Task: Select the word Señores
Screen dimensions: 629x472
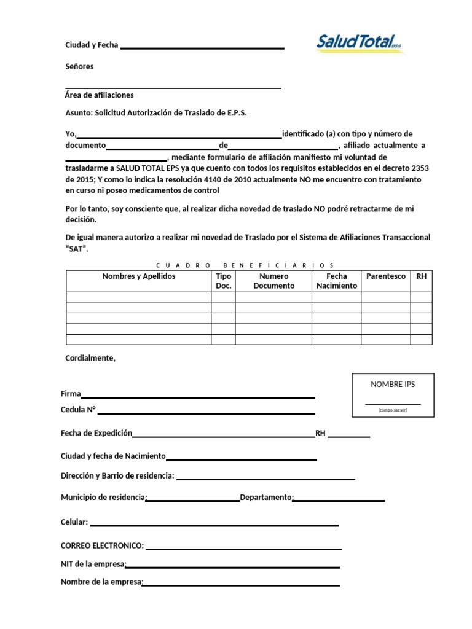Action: pos(79,66)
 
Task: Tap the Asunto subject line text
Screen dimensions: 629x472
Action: pos(156,113)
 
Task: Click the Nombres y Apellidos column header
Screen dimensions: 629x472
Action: pos(139,276)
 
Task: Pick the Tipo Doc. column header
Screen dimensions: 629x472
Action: pos(224,281)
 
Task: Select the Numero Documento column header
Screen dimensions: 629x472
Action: pos(273,281)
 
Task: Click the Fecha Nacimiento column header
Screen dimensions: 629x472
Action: pos(337,281)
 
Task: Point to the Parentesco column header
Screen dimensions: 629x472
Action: pos(386,276)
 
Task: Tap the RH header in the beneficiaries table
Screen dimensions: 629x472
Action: pos(421,276)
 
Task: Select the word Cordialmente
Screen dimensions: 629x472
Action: pos(90,358)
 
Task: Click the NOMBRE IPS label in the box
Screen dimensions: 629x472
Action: pos(393,384)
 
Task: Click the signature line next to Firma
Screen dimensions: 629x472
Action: pos(198,397)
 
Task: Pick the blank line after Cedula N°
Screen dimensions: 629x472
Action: pos(203,413)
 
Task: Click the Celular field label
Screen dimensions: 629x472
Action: pos(74,522)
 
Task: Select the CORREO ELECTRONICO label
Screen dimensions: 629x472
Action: pos(102,545)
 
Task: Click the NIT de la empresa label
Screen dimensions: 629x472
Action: pos(93,564)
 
